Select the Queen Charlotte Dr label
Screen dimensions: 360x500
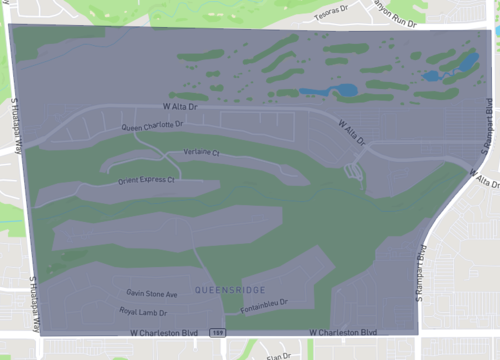pyautogui.click(x=152, y=126)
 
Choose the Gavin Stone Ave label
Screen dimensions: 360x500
pyautogui.click(x=151, y=294)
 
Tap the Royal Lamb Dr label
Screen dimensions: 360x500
pyautogui.click(x=143, y=312)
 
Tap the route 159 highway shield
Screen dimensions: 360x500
pyautogui.click(x=217, y=332)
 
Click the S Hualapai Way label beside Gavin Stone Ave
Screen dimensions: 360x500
pyautogui.click(x=33, y=291)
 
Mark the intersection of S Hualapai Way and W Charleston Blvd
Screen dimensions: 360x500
pyautogui.click(x=37, y=333)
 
